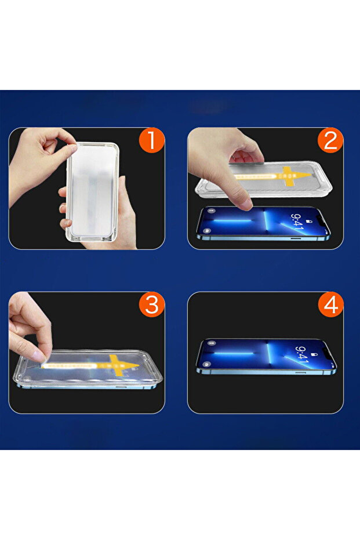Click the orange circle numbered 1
click(151, 140)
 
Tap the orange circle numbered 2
click(330, 140)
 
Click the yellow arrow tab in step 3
click(116, 364)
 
